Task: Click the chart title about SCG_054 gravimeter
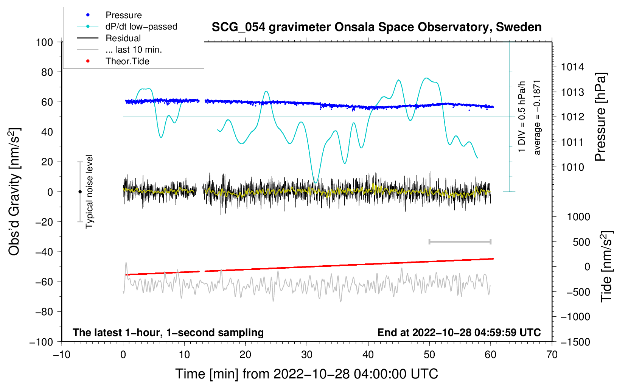click(376, 27)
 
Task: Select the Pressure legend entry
click(123, 15)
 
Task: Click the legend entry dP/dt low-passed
click(141, 26)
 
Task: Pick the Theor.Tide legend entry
click(127, 61)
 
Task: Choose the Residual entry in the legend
click(123, 38)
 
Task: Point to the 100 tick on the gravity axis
click(44, 42)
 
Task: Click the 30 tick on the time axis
click(307, 355)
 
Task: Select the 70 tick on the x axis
click(552, 355)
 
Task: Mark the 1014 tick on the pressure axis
click(572, 67)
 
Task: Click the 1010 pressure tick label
click(572, 167)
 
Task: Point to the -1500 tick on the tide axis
click(575, 342)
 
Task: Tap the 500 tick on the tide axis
click(581, 242)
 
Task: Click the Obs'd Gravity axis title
click(14, 192)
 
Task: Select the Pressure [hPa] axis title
click(600, 117)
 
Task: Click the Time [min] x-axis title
click(306, 374)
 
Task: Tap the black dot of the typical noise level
click(80, 192)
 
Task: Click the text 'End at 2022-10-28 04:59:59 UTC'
click(459, 333)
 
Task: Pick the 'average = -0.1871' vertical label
click(537, 117)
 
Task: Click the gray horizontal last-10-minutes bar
click(460, 242)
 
